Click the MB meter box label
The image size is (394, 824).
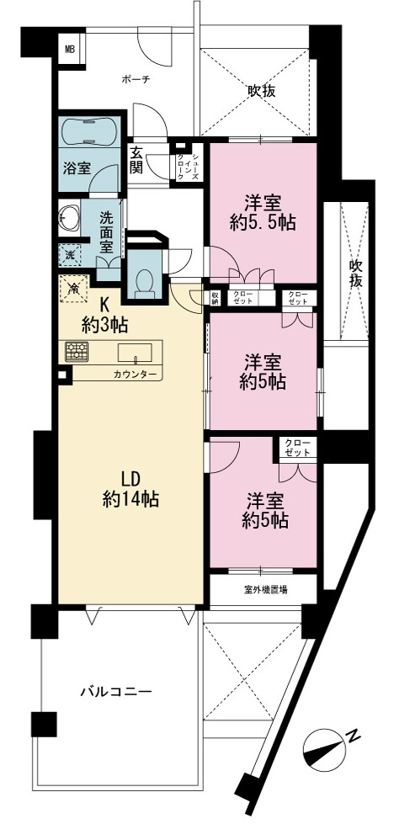pyautogui.click(x=70, y=50)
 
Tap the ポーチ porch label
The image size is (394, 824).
pyautogui.click(x=136, y=80)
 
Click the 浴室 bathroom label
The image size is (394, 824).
pyautogui.click(x=77, y=168)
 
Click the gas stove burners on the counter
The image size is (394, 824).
pyautogui.click(x=77, y=352)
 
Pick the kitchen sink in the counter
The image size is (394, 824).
pyautogui.click(x=135, y=352)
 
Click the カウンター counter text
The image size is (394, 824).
pyautogui.click(x=135, y=375)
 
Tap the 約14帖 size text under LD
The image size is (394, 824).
pyautogui.click(x=130, y=499)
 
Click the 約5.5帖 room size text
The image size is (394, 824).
pyautogui.click(x=263, y=223)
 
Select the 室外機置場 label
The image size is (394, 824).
pyautogui.click(x=264, y=590)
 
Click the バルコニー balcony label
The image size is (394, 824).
pyautogui.click(x=116, y=692)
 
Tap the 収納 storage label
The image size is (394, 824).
pyautogui.click(x=215, y=297)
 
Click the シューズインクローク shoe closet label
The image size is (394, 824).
pyautogui.click(x=188, y=163)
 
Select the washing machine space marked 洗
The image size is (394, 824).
pyautogui.click(x=70, y=256)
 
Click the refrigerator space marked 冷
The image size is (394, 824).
pyautogui.click(x=74, y=288)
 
